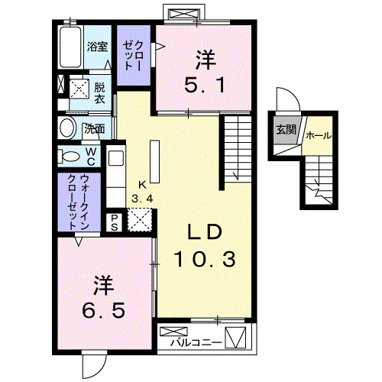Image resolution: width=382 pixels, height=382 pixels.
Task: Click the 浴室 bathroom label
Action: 97,47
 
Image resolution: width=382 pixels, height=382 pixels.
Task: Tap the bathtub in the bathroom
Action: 70,47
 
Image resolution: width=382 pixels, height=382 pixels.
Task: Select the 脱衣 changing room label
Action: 99,93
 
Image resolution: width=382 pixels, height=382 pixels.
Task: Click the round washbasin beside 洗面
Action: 68,128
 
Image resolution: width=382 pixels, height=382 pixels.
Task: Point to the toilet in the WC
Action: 68,157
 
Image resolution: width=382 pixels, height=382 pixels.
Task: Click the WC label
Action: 91,157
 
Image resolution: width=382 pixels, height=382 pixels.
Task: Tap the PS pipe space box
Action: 114,222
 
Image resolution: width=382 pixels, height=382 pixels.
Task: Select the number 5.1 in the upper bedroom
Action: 205,85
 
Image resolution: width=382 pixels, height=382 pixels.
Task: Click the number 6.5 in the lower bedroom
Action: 103,310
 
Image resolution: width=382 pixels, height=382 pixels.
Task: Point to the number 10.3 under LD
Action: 205,259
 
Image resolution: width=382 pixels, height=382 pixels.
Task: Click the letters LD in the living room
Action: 205,232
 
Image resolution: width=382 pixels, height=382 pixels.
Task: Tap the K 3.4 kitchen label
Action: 142,192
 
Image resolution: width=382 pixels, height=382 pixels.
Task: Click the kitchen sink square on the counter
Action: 116,158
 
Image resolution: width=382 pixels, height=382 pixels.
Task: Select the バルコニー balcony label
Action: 196,342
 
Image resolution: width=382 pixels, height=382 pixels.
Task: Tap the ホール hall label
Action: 319,135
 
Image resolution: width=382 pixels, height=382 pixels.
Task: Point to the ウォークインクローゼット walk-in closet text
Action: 78,202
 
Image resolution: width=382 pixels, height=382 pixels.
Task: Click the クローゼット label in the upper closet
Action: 133,56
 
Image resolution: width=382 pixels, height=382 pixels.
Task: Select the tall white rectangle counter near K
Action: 154,161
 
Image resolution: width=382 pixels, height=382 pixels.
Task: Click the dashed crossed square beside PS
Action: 139,220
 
